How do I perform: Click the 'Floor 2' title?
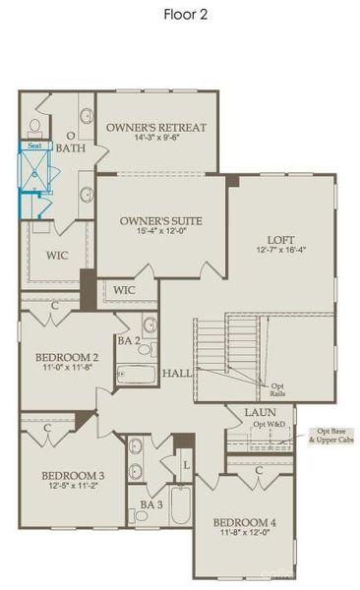[x=186, y=15]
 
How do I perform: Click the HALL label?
[x=177, y=373]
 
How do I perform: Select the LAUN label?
[x=260, y=413]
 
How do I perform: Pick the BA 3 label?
[x=150, y=504]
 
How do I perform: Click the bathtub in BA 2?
[x=136, y=375]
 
